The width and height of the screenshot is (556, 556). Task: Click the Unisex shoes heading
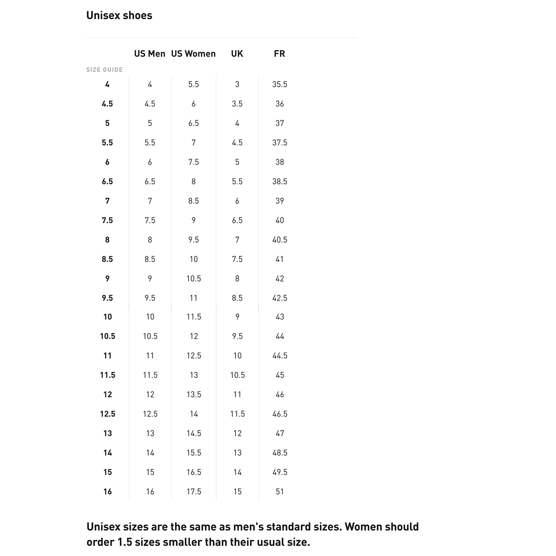(119, 16)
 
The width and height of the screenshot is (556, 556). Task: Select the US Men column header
(150, 54)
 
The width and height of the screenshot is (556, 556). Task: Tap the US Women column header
(193, 54)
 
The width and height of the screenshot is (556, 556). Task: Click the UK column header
(237, 54)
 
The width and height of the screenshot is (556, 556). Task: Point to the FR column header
(279, 54)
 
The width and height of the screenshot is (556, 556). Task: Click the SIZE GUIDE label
(104, 70)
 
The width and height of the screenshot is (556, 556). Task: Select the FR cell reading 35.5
(280, 84)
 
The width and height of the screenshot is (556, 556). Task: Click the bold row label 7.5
(107, 220)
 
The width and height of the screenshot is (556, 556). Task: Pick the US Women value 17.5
(194, 492)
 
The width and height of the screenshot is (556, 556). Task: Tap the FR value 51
(280, 492)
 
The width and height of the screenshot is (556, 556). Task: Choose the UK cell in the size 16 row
(237, 492)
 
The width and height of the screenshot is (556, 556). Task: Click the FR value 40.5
(280, 240)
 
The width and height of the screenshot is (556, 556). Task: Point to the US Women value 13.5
(194, 394)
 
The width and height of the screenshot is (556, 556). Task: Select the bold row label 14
(108, 453)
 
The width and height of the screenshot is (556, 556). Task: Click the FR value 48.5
(280, 453)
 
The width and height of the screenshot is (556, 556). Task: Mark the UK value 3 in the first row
(237, 84)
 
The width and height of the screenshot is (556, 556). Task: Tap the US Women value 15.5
(194, 453)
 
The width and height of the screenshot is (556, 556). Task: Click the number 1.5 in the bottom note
(124, 542)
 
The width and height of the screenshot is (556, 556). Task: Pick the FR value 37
(280, 123)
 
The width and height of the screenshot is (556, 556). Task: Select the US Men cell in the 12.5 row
(150, 414)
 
